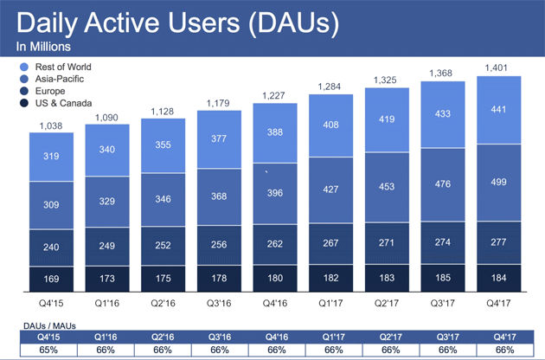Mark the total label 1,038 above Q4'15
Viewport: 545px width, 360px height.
click(51, 126)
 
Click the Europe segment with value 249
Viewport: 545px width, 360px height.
click(106, 247)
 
